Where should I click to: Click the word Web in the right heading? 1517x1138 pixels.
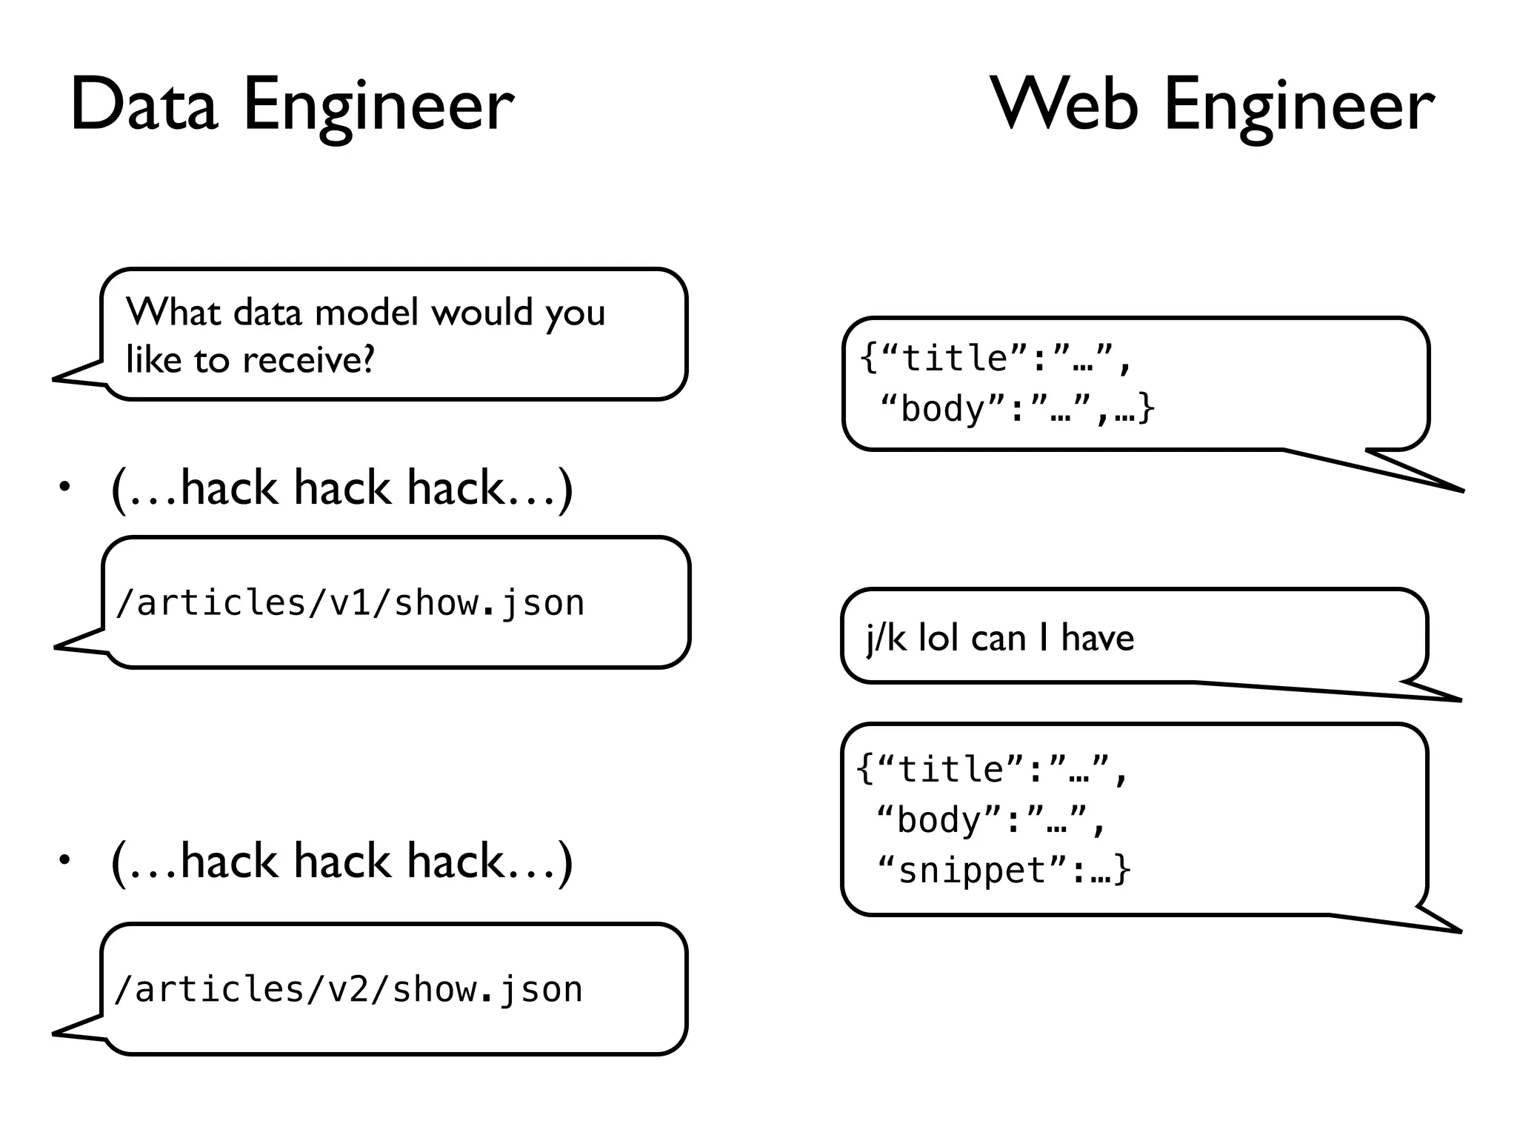click(1064, 105)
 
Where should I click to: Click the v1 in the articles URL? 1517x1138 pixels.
click(350, 602)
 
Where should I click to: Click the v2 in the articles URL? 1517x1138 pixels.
click(349, 990)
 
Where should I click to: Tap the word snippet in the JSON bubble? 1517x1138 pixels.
click(971, 870)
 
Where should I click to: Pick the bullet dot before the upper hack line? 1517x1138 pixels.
click(65, 487)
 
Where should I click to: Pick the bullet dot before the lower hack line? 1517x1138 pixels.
click(65, 860)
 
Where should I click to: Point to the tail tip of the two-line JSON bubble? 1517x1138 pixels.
click(1462, 490)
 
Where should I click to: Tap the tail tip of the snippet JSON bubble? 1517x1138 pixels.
click(1459, 931)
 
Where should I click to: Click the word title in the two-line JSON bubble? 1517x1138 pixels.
click(954, 359)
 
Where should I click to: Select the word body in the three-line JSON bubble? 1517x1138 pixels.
click(938, 820)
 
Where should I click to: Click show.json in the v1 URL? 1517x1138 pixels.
click(489, 602)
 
